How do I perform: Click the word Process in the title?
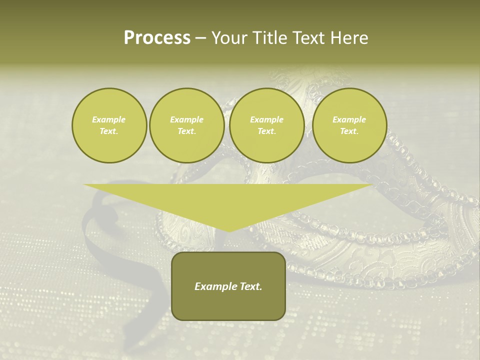pos(157,38)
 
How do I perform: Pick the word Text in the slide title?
pos(309,38)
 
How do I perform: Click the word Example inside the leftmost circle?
pos(109,119)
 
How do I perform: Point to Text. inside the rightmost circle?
pos(349,131)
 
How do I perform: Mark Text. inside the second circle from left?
pos(186,131)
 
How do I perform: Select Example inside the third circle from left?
pos(266,119)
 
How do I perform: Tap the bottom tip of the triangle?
pos(228,230)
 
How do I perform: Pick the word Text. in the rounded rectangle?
pos(250,286)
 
